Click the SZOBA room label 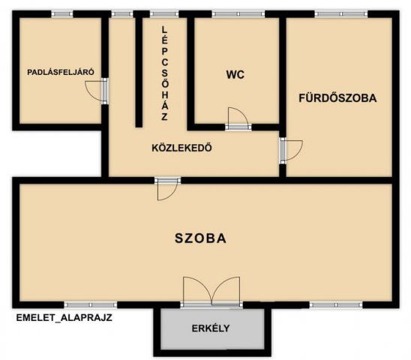[200, 238]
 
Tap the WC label [235, 74]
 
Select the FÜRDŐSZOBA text [337, 97]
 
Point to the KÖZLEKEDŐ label [181, 147]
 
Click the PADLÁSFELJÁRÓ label [60, 73]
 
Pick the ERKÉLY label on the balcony [211, 328]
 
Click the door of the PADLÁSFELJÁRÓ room [97, 89]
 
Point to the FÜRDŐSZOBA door [290, 150]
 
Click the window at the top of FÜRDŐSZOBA [335, 13]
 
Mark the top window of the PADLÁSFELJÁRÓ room [62, 13]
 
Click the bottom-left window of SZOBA [89, 304]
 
